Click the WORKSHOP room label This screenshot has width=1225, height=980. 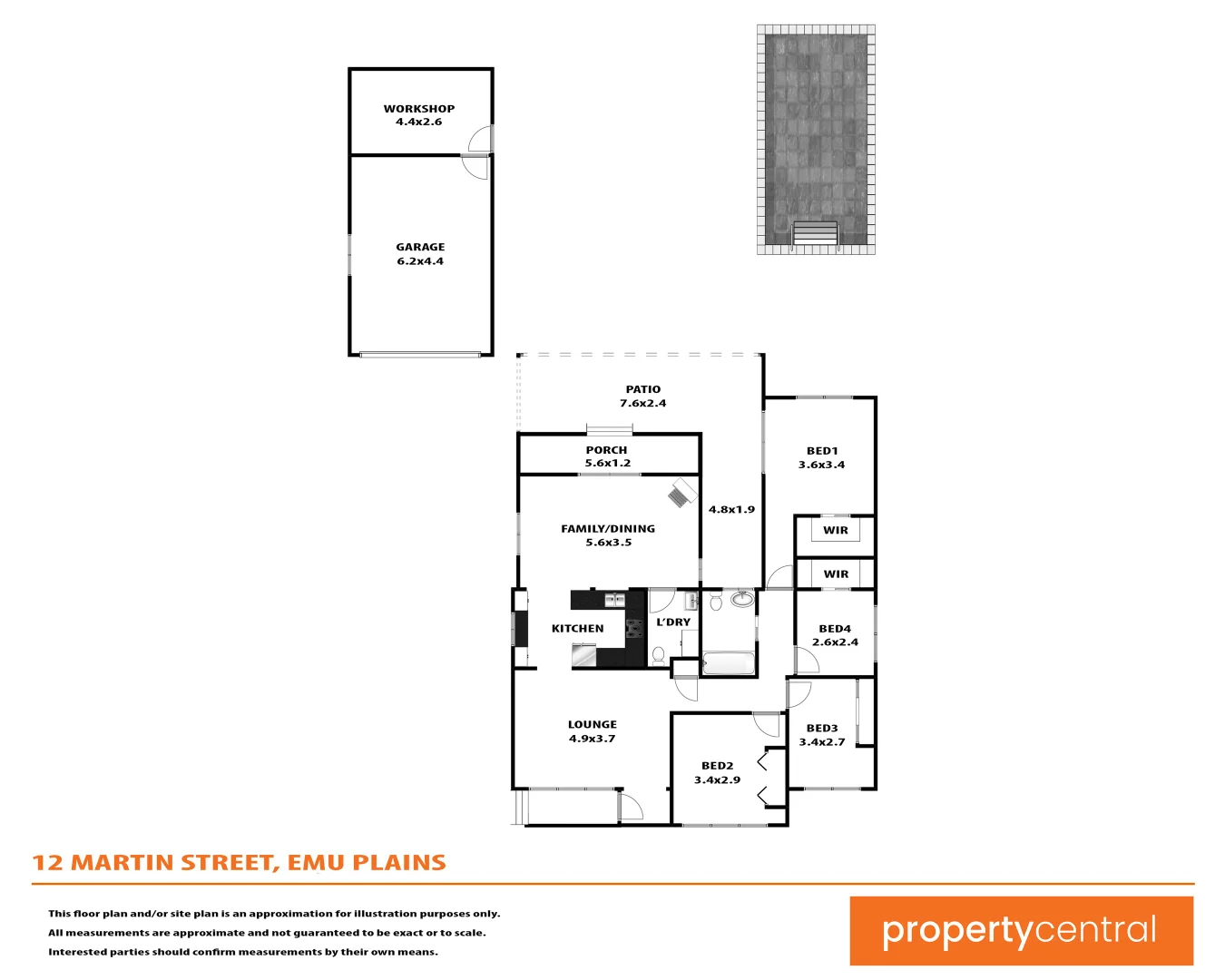click(x=419, y=109)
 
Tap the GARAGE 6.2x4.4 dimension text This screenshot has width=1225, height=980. click(x=420, y=261)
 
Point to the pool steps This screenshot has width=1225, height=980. click(x=815, y=234)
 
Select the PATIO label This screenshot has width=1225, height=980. click(x=642, y=389)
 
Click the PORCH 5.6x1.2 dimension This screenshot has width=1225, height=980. click(x=607, y=463)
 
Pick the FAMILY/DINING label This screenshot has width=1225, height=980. click(x=608, y=528)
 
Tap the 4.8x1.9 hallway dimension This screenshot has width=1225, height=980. click(x=731, y=510)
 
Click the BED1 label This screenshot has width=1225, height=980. click(x=822, y=451)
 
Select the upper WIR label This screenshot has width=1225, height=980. click(x=836, y=531)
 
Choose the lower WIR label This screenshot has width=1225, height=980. click(x=836, y=574)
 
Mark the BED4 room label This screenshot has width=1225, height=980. click(x=835, y=629)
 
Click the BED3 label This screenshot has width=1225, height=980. click(x=822, y=728)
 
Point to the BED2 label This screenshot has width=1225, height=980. click(x=717, y=766)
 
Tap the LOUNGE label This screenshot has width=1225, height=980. click(x=593, y=724)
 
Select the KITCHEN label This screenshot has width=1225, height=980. click(x=577, y=628)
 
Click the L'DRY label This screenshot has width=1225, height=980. click(x=673, y=622)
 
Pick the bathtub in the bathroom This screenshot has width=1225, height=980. click(x=729, y=663)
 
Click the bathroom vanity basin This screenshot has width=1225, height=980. click(x=742, y=599)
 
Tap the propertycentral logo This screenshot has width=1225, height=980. click(x=1021, y=931)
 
